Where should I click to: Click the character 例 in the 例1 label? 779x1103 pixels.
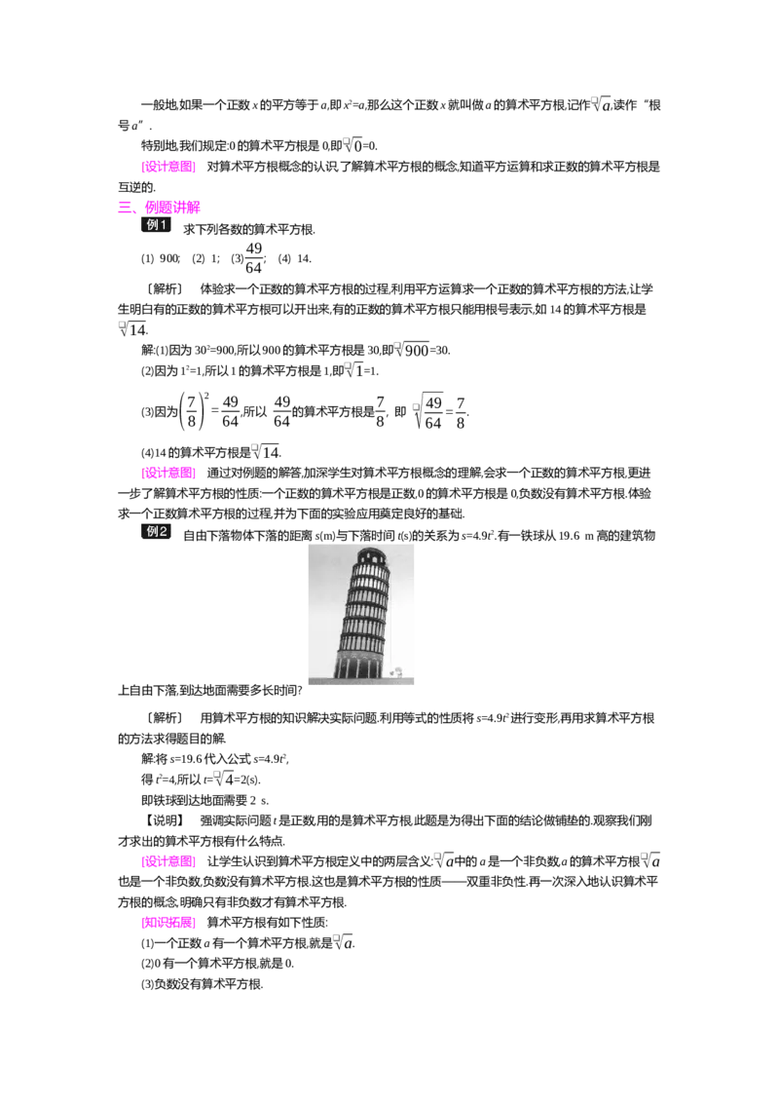152,225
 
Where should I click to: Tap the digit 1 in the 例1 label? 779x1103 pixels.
165,225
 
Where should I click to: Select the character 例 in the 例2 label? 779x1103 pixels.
152,532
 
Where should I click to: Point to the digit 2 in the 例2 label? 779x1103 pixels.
164,532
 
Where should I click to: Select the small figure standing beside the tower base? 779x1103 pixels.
397,671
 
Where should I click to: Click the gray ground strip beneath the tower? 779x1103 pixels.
361,682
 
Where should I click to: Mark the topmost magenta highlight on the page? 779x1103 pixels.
170,168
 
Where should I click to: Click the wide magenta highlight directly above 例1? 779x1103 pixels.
172,207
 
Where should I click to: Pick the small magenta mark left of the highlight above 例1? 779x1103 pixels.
126,206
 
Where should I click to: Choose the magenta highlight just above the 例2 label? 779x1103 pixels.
170,474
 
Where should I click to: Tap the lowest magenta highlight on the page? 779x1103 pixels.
170,923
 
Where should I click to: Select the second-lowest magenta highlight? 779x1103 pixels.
170,861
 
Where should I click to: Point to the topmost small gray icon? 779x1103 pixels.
592,99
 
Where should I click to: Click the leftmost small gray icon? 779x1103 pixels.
122,326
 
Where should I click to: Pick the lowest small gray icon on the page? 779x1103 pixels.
335,934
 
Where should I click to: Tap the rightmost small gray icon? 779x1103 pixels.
645,856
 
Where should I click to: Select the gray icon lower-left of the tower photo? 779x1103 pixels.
218,772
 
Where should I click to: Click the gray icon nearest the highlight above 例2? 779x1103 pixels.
256,444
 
